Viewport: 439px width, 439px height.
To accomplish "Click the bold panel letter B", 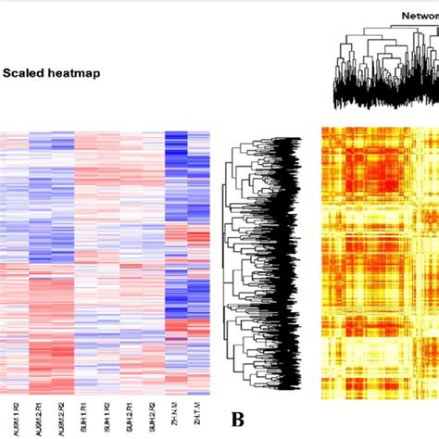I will click(237, 420).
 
